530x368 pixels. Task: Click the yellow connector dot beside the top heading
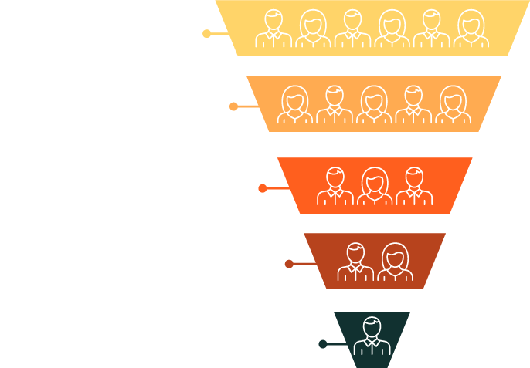tap(206, 33)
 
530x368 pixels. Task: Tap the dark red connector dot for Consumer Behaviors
tap(289, 264)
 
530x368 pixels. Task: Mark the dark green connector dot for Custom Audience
tap(322, 344)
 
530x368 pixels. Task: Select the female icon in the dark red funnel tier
tap(394, 262)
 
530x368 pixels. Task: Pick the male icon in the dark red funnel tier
tap(355, 262)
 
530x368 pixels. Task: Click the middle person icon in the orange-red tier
tap(374, 186)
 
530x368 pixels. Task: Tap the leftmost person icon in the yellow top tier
tap(273, 29)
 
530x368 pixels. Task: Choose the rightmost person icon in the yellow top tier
tap(470, 29)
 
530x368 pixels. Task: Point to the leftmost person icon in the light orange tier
tap(294, 104)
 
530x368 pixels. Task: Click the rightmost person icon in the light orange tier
tap(454, 104)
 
